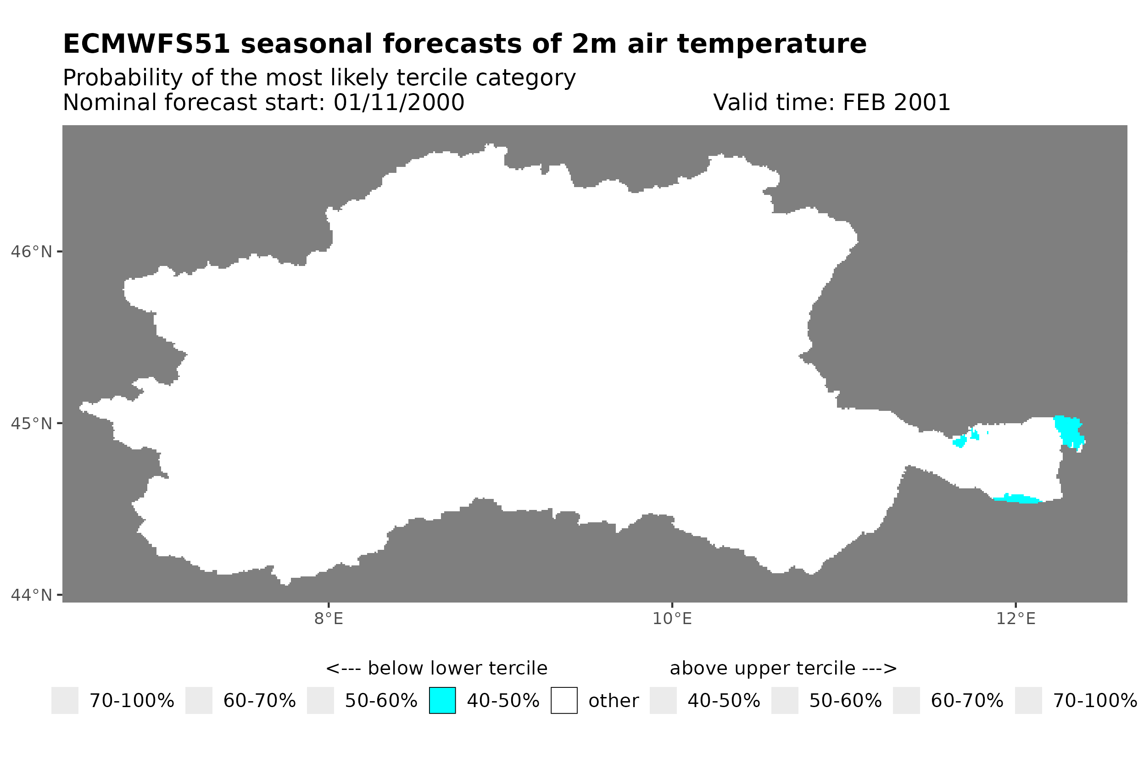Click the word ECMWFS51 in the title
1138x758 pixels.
click(x=146, y=44)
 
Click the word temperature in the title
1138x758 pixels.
click(x=771, y=44)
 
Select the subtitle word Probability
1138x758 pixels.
click(x=123, y=78)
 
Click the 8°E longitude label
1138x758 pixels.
click(x=329, y=619)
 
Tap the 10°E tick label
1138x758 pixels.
click(x=672, y=619)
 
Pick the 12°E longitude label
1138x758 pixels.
click(x=1015, y=619)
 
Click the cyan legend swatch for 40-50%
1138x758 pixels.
click(x=442, y=701)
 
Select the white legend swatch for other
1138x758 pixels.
click(x=563, y=701)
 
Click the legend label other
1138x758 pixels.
click(x=613, y=701)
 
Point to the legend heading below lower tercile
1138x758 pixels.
click(x=436, y=669)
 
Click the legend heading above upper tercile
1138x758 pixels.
click(x=783, y=669)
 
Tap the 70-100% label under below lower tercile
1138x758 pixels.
click(x=132, y=701)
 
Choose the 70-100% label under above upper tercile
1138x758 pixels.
click(x=1094, y=701)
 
